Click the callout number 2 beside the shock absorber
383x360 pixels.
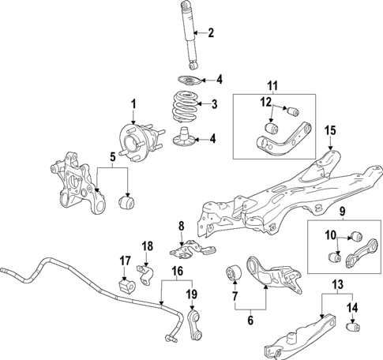click(x=210, y=32)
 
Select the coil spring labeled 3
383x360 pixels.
click(x=186, y=106)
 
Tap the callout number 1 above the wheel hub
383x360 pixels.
click(x=133, y=103)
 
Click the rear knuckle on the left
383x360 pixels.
click(x=74, y=184)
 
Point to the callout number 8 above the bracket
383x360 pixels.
click(x=181, y=227)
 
